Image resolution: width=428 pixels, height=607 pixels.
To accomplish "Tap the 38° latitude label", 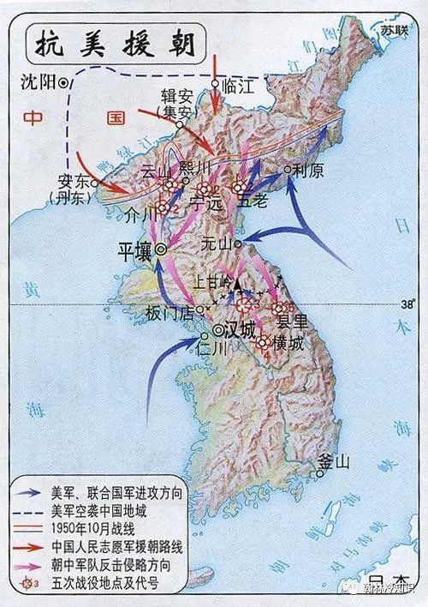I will pyautogui.click(x=406, y=303).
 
